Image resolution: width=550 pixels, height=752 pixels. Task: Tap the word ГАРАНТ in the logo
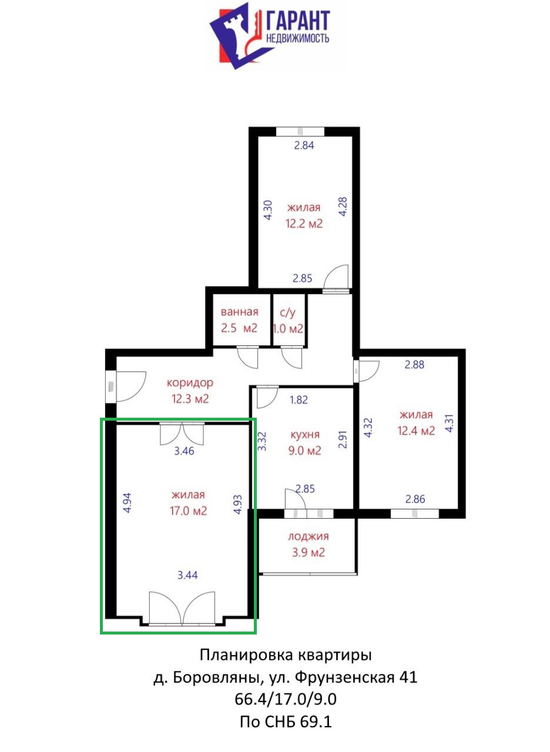click(298, 21)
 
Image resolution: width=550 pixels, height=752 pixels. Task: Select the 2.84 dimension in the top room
click(304, 145)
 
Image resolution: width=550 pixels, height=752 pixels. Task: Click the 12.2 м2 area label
click(304, 223)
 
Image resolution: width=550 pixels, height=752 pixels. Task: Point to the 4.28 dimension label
click(343, 206)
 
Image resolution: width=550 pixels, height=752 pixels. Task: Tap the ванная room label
click(239, 312)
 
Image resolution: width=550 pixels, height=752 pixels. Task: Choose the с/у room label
click(287, 313)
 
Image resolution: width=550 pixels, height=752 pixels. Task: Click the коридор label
click(190, 383)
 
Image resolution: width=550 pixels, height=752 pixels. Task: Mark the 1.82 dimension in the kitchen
click(299, 399)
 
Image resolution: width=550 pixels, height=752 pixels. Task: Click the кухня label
click(305, 435)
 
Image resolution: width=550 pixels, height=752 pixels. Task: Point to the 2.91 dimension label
click(343, 439)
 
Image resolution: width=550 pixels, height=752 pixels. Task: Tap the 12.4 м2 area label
click(416, 431)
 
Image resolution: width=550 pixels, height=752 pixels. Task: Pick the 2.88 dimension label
click(414, 365)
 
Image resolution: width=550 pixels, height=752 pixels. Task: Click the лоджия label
click(308, 536)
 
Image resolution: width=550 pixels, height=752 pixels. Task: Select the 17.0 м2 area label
click(188, 511)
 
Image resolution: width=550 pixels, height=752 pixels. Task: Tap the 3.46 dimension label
click(184, 451)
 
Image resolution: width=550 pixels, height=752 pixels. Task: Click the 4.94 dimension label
click(128, 502)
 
